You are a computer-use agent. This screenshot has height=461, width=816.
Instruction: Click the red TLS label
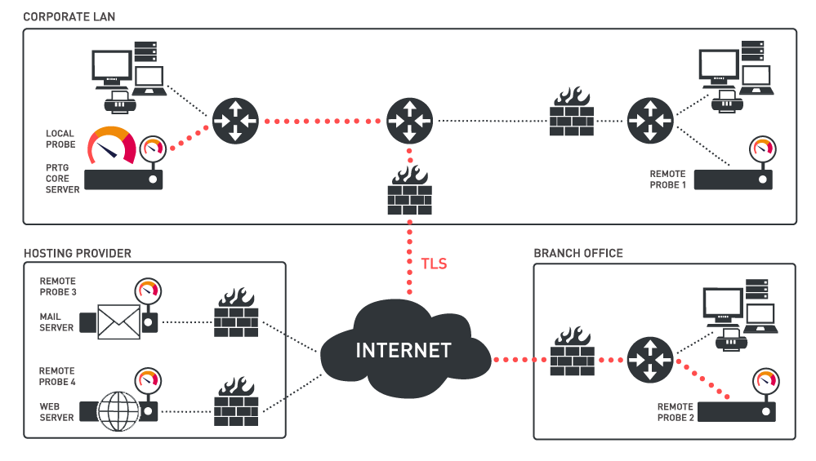tap(434, 264)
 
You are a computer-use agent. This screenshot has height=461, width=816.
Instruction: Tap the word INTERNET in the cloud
tap(404, 351)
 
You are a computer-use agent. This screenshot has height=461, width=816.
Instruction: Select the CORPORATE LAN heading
tap(69, 16)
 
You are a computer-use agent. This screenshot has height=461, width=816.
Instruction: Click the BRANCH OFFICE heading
tap(578, 253)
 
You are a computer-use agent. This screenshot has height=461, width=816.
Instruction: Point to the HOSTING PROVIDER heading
tap(78, 253)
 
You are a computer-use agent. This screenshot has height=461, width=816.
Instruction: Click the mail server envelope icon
tap(119, 322)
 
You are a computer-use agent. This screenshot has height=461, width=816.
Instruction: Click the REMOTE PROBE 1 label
tap(667, 180)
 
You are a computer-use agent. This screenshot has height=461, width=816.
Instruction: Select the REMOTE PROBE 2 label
tap(676, 412)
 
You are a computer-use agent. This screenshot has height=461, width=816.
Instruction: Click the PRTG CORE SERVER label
tap(63, 178)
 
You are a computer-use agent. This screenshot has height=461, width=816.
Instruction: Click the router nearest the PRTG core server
tap(234, 121)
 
